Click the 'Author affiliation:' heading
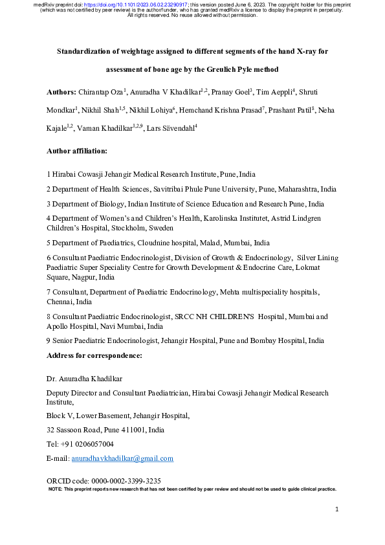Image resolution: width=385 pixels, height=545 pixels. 77,151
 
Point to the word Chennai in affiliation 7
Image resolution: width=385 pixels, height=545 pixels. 60,302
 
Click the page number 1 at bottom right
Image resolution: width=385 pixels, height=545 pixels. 338,511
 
